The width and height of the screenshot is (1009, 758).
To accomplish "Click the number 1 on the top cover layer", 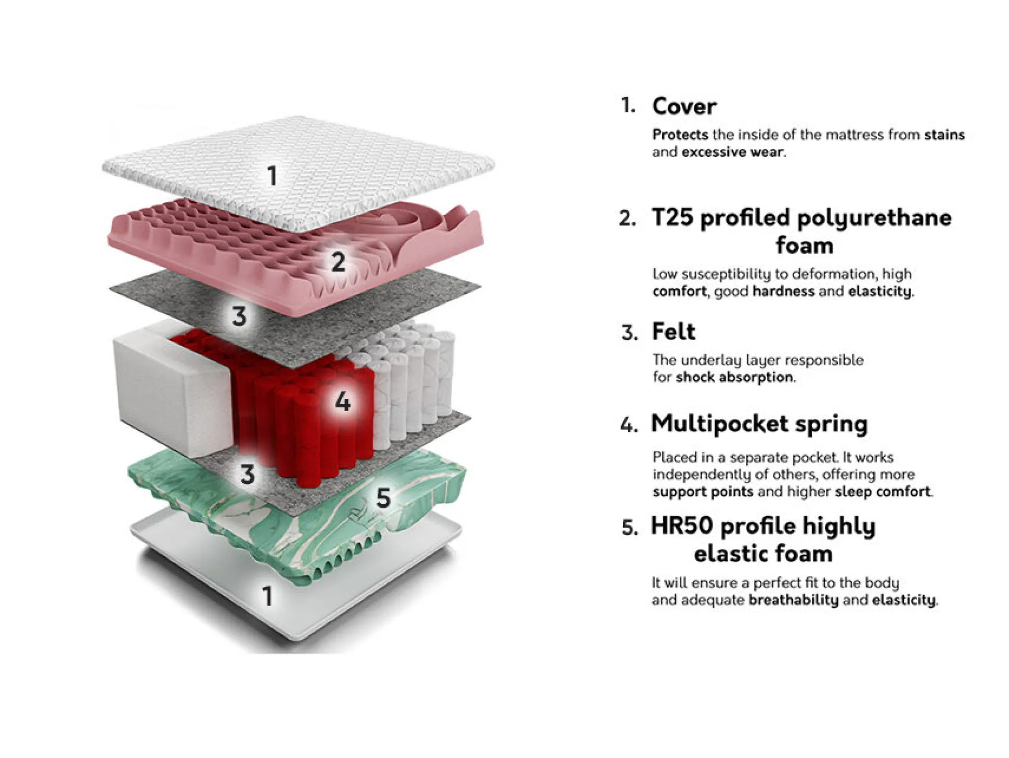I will tap(272, 176).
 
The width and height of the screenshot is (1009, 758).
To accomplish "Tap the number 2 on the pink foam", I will tap(338, 261).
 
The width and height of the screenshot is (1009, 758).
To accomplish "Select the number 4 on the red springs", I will tap(343, 401).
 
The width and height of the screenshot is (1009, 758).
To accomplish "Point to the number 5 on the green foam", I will tap(383, 498).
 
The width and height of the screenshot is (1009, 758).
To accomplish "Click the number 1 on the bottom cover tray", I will tap(267, 596).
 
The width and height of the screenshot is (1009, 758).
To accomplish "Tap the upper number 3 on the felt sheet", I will tap(239, 316).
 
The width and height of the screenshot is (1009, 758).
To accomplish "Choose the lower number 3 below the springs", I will tap(247, 474).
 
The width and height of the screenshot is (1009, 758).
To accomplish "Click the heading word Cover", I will tap(684, 107).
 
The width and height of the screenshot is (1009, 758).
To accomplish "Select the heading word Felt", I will tap(674, 331).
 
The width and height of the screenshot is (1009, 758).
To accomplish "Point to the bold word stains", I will tap(944, 135).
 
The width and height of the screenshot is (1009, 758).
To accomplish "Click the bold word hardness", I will tap(783, 291).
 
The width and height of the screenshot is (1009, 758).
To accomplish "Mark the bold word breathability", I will tap(793, 600).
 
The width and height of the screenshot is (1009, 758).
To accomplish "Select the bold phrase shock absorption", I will tap(734, 377).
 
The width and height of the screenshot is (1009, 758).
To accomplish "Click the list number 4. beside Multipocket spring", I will tap(629, 425).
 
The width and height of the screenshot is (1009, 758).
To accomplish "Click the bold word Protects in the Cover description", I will tap(680, 135).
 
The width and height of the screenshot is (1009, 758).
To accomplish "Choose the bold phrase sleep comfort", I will tap(882, 492).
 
